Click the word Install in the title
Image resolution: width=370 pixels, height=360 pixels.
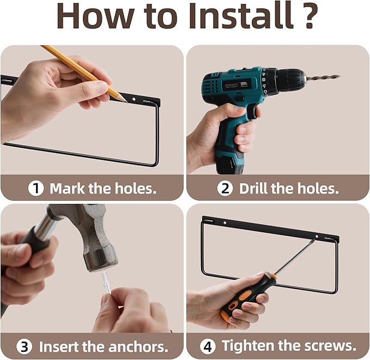click(241, 15)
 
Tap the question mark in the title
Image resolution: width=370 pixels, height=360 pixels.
click(309, 15)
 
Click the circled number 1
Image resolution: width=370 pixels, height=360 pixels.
click(36, 189)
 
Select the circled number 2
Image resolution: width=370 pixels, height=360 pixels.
click(225, 188)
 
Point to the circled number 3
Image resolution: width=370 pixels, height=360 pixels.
click(25, 347)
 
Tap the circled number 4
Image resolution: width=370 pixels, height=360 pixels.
click(208, 346)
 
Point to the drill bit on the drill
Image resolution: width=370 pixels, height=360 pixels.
click(323, 77)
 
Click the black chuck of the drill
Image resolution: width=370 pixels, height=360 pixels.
click(290, 80)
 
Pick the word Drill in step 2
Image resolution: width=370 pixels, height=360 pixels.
click(253, 189)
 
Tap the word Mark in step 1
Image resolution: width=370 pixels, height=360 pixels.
click(67, 189)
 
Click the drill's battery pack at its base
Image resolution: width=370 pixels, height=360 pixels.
click(229, 163)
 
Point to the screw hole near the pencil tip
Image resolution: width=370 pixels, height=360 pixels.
click(134, 99)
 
